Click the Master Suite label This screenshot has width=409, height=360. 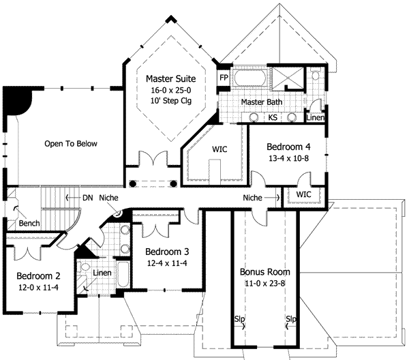[x=170, y=78]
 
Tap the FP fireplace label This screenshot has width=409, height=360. [x=224, y=78]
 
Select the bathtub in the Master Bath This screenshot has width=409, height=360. [x=250, y=78]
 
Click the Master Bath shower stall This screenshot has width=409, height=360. [x=288, y=78]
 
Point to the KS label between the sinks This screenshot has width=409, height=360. [x=273, y=117]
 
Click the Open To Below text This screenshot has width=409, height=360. [x=71, y=143]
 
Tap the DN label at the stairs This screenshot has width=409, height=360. [x=88, y=198]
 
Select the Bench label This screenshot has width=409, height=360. [x=29, y=224]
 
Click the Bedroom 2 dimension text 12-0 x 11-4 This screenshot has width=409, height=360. [x=38, y=288]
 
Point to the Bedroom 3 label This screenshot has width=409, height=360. [x=167, y=252]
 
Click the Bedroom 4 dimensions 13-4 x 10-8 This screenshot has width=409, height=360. [x=288, y=158]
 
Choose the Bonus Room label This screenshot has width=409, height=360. [x=264, y=272]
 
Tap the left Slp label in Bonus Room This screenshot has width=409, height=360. [x=239, y=318]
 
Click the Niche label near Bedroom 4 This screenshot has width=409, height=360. [x=252, y=198]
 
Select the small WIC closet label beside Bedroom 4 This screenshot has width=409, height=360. [x=303, y=194]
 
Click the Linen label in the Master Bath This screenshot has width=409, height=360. [x=316, y=118]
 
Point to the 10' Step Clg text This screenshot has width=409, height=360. [x=171, y=101]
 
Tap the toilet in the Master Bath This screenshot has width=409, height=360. [x=316, y=74]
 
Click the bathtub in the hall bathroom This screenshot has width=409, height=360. [x=123, y=274]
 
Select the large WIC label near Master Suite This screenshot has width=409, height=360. [x=219, y=149]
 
